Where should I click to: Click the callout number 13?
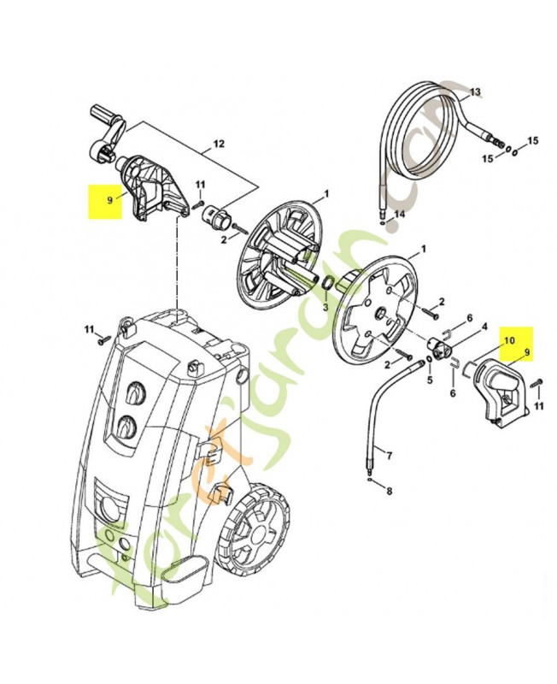(475, 91)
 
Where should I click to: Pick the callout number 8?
(390, 491)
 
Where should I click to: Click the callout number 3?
(325, 306)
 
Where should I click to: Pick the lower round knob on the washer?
(126, 426)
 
